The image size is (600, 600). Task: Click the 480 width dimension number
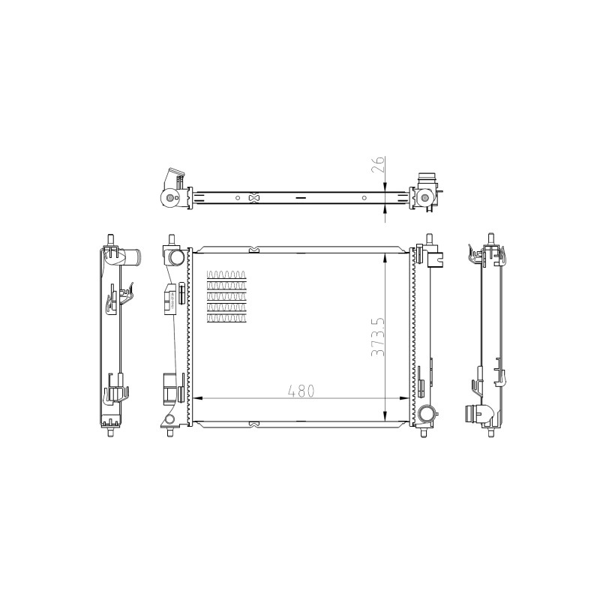pos(301,391)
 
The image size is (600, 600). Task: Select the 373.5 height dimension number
pos(378,337)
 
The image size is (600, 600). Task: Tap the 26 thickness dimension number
pos(378,164)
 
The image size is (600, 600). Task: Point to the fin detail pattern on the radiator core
pos(226,296)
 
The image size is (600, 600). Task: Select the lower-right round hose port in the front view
pos(425,413)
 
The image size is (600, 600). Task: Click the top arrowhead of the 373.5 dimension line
pos(385,258)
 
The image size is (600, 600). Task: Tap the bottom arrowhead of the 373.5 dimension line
pos(385,415)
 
